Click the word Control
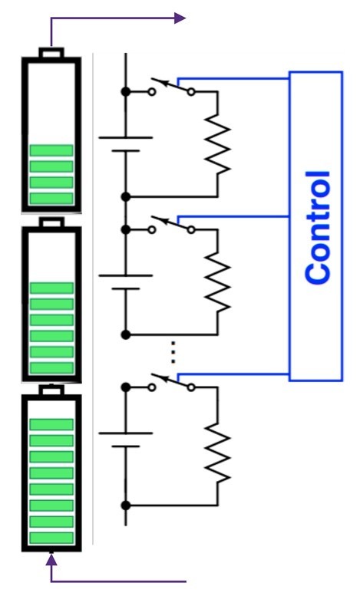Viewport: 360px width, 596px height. (x=317, y=227)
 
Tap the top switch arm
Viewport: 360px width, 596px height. (x=170, y=84)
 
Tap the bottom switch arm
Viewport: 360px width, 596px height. (x=170, y=381)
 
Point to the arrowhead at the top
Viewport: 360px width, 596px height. (x=180, y=18)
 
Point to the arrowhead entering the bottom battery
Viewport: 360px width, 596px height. (x=51, y=559)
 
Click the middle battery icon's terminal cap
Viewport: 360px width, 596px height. (x=51, y=222)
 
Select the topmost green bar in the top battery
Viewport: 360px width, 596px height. (x=51, y=150)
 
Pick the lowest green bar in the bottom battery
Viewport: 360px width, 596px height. (x=51, y=538)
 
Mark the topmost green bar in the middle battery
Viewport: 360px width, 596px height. (x=51, y=288)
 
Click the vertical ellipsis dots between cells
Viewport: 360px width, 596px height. (x=173, y=351)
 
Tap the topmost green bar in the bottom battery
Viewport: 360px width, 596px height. (x=51, y=424)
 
